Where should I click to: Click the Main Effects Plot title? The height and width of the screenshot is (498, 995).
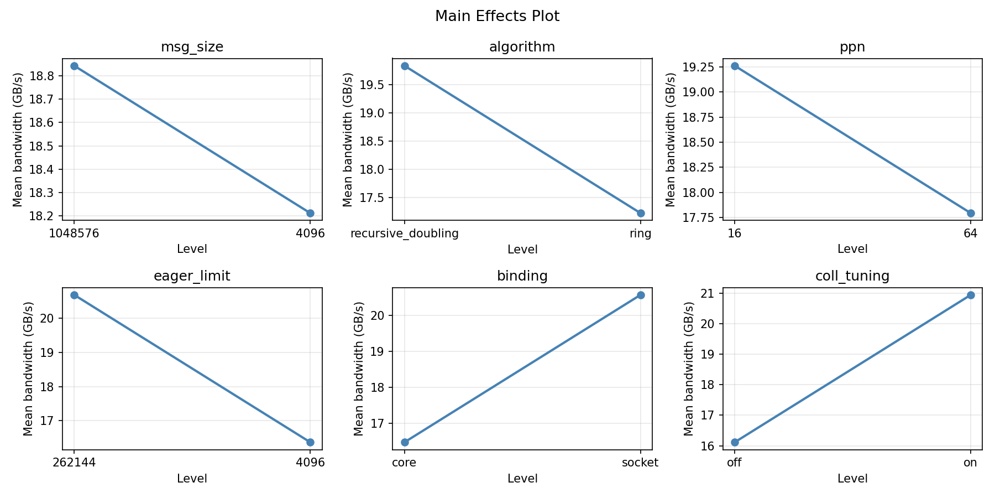(x=497, y=17)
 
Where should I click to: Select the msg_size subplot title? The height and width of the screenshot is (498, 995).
(x=192, y=47)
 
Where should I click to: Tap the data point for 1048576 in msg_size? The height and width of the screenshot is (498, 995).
(x=74, y=66)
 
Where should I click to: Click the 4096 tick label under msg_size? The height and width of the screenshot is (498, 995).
(x=310, y=234)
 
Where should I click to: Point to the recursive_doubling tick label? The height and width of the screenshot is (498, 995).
(x=405, y=234)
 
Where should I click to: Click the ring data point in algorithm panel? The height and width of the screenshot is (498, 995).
(x=641, y=213)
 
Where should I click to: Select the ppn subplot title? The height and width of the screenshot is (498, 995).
(x=852, y=47)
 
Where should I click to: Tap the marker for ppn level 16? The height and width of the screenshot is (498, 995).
(x=735, y=66)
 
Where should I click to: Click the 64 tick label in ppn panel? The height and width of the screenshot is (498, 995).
(x=970, y=234)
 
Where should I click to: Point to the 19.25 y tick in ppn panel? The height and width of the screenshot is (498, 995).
(x=699, y=67)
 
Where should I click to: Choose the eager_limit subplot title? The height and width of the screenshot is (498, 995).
(x=192, y=276)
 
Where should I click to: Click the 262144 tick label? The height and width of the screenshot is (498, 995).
(x=74, y=463)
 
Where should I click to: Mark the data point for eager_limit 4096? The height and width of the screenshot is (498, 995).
(x=310, y=442)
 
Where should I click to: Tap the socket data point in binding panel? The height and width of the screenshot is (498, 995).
(x=641, y=295)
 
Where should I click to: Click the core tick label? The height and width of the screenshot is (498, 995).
(x=404, y=463)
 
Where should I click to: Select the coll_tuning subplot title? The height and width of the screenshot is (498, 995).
(x=852, y=276)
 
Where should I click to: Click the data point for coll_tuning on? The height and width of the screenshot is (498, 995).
(x=971, y=295)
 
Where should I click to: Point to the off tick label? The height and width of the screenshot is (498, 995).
(x=734, y=463)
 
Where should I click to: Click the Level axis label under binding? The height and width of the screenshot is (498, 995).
(x=522, y=479)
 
